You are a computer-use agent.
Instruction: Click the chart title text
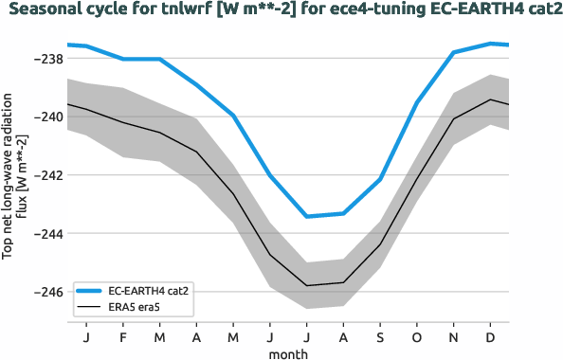[281, 10]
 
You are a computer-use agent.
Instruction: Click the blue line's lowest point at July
[306, 216]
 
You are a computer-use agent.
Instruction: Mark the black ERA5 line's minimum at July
[306, 285]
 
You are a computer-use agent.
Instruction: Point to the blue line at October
[417, 102]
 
